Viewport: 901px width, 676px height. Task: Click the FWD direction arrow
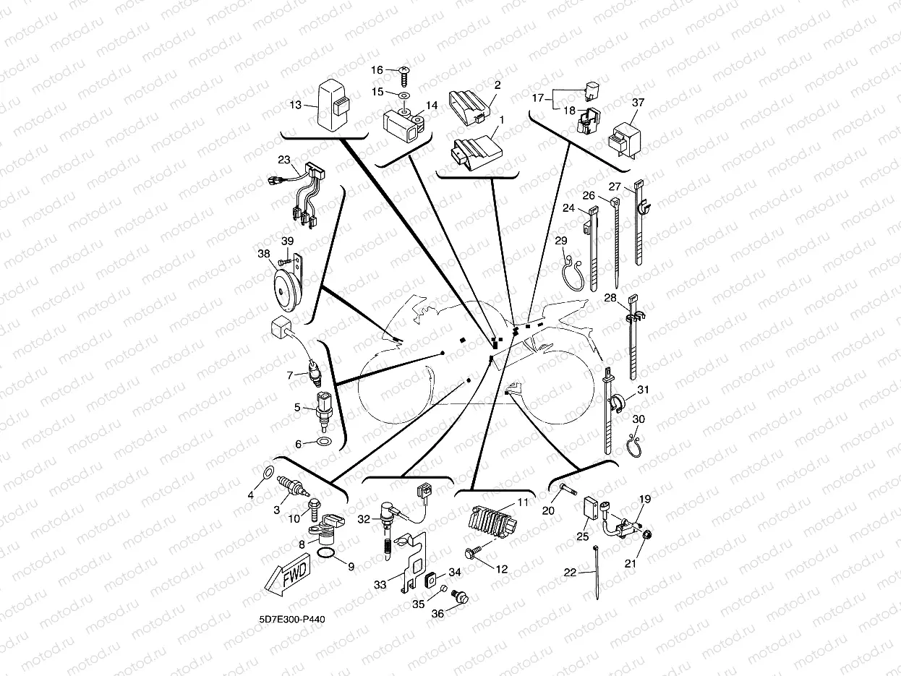pos(288,576)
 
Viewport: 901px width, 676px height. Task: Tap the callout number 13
pos(296,105)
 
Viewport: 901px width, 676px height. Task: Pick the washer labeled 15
pos(403,94)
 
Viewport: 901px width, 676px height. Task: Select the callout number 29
pos(561,241)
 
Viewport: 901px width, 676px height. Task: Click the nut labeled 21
pos(647,535)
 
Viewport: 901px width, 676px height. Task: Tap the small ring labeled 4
pos(267,474)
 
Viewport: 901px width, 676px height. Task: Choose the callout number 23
pos(283,160)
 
